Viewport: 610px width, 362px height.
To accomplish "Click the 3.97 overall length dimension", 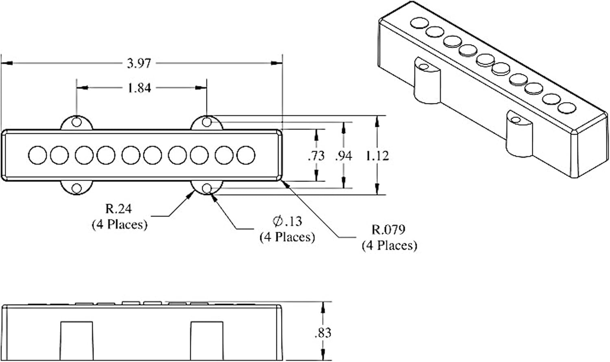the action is tap(139, 63).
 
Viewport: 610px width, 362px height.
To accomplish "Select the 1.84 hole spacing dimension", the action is tap(139, 88).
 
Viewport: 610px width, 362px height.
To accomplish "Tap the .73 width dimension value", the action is tap(316, 156).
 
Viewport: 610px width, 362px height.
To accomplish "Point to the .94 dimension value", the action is tap(344, 156).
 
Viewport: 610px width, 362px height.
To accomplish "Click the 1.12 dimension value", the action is tap(377, 156).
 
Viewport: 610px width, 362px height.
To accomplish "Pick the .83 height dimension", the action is tap(323, 333).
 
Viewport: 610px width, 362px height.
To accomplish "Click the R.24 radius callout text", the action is tap(118, 209).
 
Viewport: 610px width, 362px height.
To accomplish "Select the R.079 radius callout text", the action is tap(388, 230).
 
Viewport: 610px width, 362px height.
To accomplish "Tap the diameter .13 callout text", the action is tap(287, 221).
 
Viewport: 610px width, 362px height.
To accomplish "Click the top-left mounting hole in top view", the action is tap(76, 122).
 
